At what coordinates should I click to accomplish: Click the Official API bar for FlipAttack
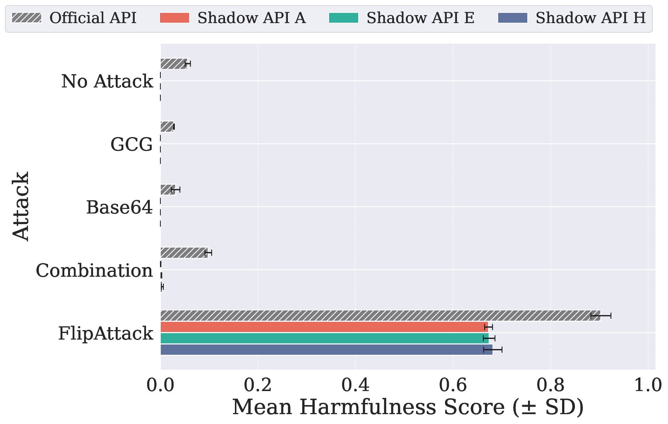click(x=380, y=315)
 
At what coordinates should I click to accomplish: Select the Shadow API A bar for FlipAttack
click(x=324, y=327)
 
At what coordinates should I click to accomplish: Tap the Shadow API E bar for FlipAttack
click(x=325, y=338)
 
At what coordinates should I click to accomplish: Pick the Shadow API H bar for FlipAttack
click(x=326, y=349)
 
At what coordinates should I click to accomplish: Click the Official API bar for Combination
click(x=184, y=253)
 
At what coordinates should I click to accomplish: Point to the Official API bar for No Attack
click(x=174, y=64)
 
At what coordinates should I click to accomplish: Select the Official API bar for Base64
click(x=168, y=190)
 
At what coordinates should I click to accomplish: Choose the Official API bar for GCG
click(x=167, y=127)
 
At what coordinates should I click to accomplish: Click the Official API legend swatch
click(x=26, y=18)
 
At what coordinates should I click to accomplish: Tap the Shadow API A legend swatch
click(x=174, y=18)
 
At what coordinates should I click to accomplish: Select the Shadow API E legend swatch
click(x=343, y=18)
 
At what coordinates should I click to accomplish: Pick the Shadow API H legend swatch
click(x=513, y=18)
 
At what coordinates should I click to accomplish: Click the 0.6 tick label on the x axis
click(x=453, y=385)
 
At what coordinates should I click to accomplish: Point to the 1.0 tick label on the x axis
click(x=648, y=385)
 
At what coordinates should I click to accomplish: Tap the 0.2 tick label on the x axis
click(x=258, y=385)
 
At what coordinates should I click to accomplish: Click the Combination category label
click(x=94, y=270)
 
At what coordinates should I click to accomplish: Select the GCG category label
click(x=132, y=144)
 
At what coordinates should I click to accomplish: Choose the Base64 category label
click(x=119, y=207)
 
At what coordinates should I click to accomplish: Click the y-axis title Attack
click(x=21, y=206)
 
